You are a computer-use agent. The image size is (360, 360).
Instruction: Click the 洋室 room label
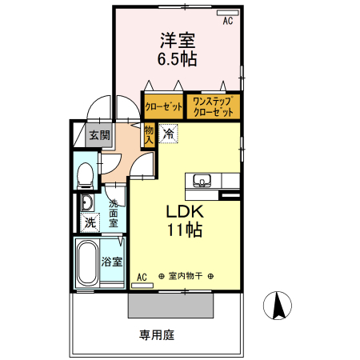point(178,40)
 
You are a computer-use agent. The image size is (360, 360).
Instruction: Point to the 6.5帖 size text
point(178,59)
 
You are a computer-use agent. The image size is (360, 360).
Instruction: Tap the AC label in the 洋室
point(227,21)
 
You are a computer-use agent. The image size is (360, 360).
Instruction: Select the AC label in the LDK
point(142,277)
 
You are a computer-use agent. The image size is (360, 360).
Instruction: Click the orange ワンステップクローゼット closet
point(213,106)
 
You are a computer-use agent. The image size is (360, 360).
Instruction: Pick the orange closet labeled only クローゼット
point(162,106)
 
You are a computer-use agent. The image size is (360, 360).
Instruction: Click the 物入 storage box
point(150,134)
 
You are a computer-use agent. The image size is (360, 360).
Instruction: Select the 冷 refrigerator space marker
point(168,134)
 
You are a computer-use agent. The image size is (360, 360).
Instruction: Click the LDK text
point(186,212)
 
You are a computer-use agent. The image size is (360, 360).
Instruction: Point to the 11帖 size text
point(186,231)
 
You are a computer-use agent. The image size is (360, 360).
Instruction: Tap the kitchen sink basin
point(202,180)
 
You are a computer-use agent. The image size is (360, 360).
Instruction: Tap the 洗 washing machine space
point(90,221)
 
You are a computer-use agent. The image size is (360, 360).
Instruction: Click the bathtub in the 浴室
point(86,264)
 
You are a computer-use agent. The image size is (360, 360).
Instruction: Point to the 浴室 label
point(112,261)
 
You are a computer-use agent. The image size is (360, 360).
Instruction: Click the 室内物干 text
point(186,277)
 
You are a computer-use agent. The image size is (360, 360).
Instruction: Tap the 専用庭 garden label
point(157,334)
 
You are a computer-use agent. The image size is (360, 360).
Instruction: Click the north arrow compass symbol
point(278,305)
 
